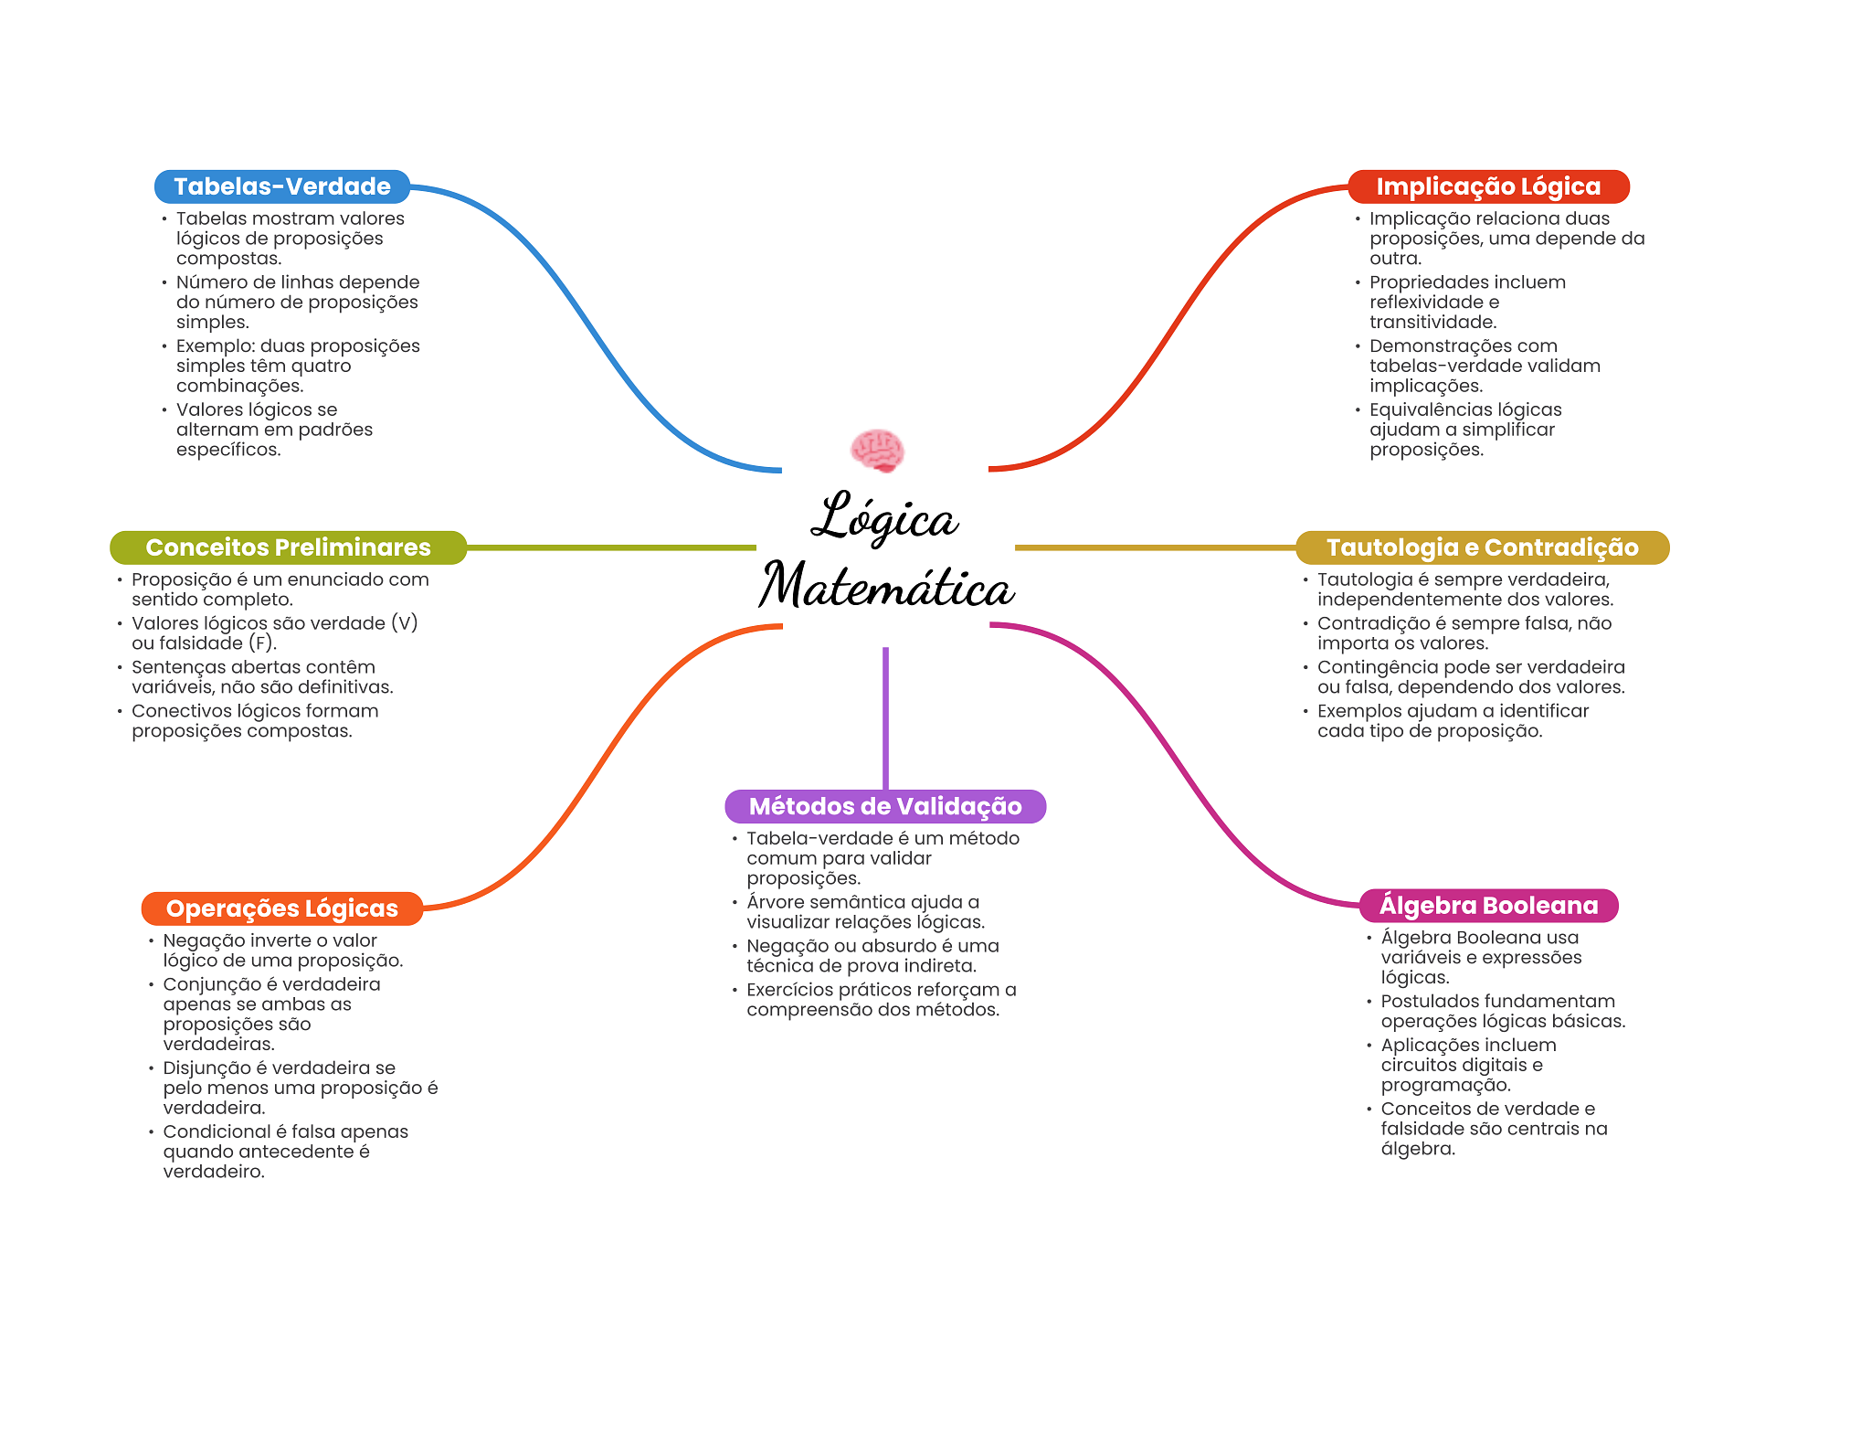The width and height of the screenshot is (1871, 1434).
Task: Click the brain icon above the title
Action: pos(877,450)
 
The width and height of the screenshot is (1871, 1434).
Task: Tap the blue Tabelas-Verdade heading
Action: pos(281,186)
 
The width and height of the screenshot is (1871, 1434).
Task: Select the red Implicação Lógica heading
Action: pos(1488,186)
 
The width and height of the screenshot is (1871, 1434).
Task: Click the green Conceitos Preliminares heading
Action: pos(288,547)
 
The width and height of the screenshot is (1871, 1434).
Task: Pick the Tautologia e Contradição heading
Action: pos(1482,547)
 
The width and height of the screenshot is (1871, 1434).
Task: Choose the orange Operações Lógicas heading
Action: pos(281,908)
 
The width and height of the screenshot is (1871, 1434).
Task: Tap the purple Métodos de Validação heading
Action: pos(885,806)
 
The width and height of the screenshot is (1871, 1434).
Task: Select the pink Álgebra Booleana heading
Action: pos(1488,906)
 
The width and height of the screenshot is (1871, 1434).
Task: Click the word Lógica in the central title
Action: pos(884,517)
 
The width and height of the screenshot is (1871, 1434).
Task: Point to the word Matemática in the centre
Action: pos(886,586)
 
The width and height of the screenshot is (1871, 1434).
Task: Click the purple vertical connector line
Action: pos(885,717)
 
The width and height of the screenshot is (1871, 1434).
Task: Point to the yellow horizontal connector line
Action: pos(1155,547)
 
